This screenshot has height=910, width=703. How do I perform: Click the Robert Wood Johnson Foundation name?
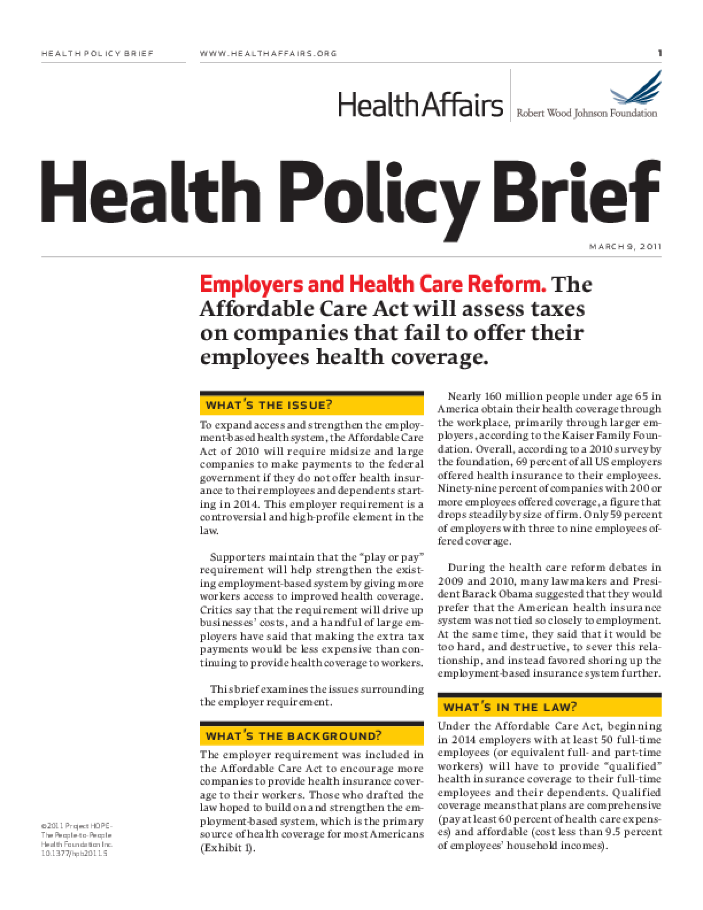point(586,113)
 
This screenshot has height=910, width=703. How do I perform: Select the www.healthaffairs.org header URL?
point(268,53)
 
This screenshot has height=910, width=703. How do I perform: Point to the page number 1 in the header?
point(660,53)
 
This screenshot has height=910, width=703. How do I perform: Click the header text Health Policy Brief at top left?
point(98,53)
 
